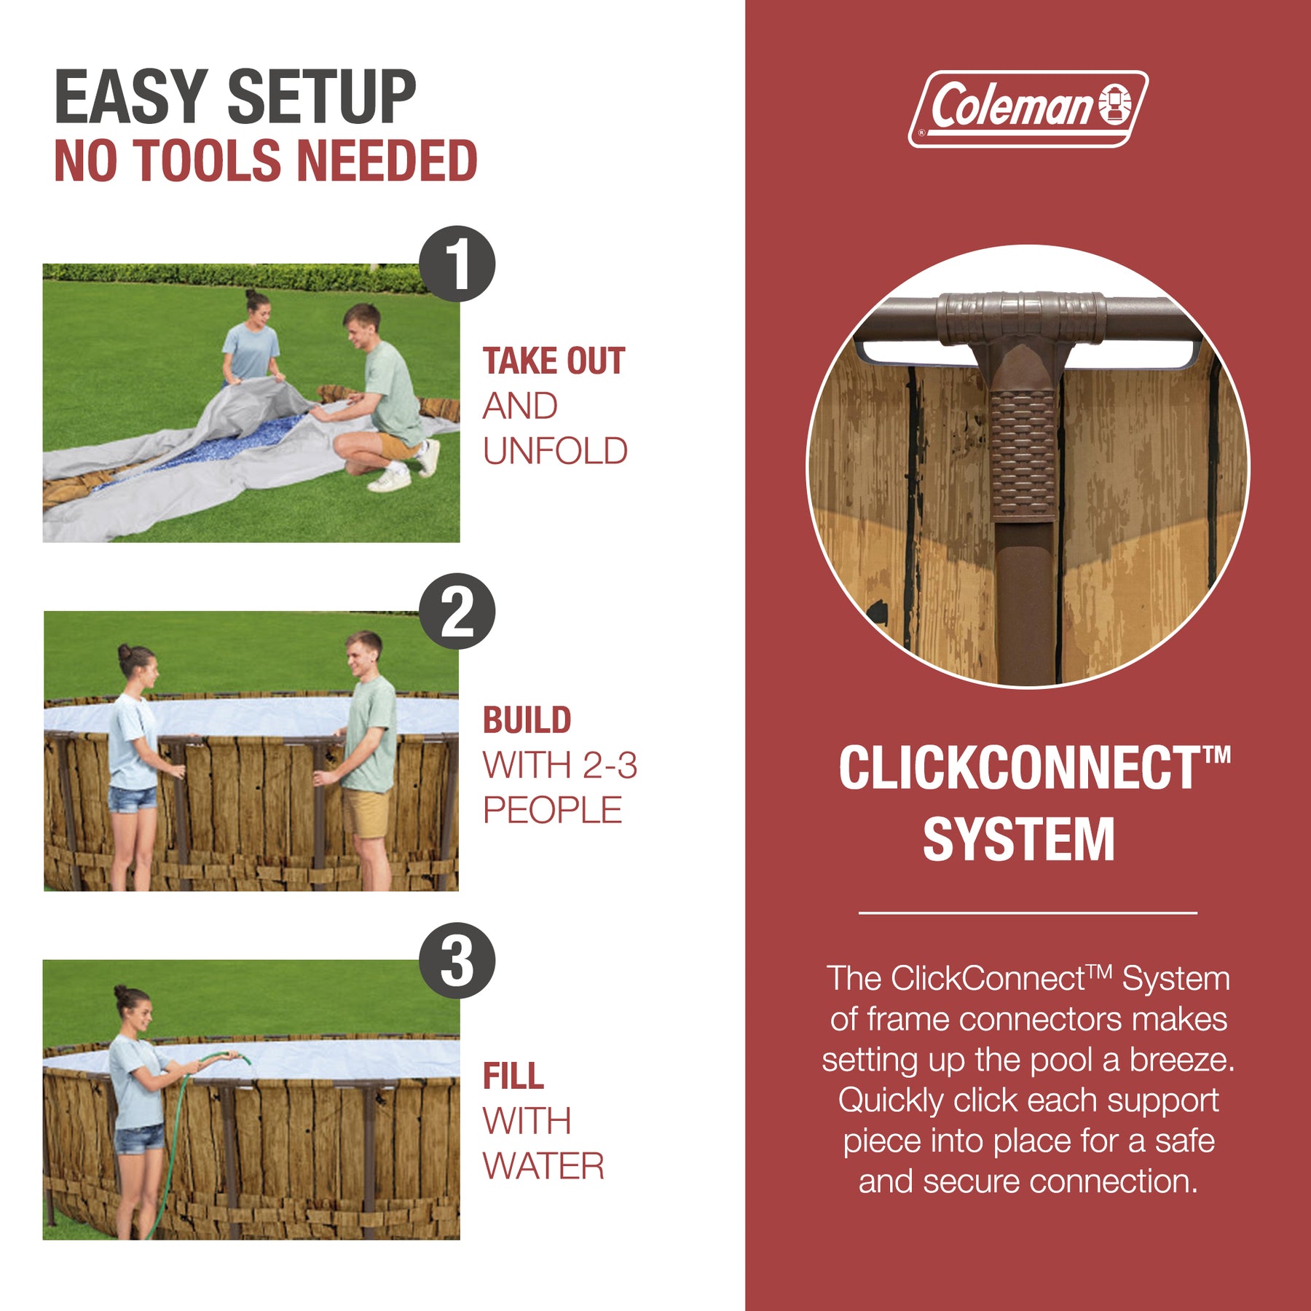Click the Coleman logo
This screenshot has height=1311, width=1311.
1028,109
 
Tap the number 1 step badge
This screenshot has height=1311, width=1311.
457,264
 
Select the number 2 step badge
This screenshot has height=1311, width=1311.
457,611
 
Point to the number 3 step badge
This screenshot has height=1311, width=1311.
457,960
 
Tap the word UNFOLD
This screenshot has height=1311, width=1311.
555,452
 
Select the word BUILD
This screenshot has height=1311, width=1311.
527,720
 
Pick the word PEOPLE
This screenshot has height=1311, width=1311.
552,810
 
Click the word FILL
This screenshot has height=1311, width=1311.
513,1076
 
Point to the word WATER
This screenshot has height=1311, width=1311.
543,1166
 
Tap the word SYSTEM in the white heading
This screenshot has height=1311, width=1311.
1019,839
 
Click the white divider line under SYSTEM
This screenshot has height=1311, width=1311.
1028,912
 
